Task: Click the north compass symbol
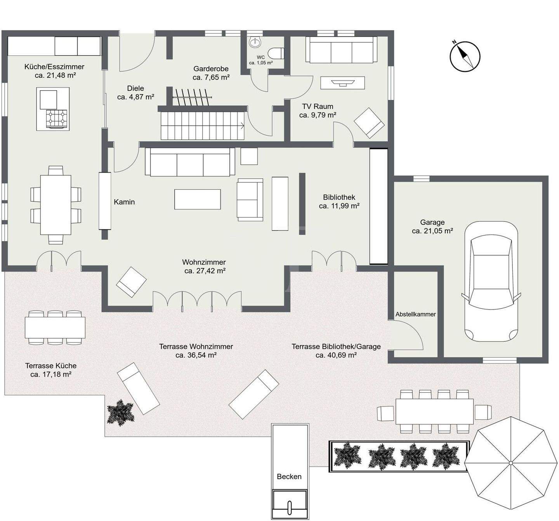click(x=465, y=56)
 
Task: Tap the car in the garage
click(x=491, y=281)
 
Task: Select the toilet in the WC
click(x=276, y=53)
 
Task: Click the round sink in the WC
click(x=255, y=42)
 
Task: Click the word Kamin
click(x=124, y=202)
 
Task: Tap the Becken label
click(x=289, y=476)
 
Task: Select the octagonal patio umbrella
click(x=510, y=463)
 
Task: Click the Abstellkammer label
click(x=415, y=314)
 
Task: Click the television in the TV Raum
click(x=342, y=82)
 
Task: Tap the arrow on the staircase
click(x=241, y=126)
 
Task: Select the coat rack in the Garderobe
click(x=192, y=97)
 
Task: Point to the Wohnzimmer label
click(x=204, y=262)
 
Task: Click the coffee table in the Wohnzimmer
click(x=197, y=199)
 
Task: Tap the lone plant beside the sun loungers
click(x=120, y=411)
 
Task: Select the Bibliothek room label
click(x=339, y=197)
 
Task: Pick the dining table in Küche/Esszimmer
click(x=56, y=205)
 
